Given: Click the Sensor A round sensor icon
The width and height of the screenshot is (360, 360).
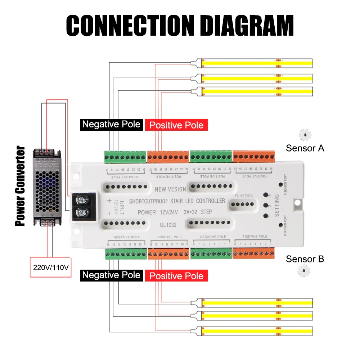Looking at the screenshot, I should pos(305,135).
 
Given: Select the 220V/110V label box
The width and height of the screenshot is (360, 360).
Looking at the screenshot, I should pos(50,267).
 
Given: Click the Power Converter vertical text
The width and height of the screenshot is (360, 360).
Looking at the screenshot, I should pos(21,186).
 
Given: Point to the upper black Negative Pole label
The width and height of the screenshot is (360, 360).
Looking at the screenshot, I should pos(111,124).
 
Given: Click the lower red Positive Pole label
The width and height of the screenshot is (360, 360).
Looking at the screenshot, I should pos(176,276).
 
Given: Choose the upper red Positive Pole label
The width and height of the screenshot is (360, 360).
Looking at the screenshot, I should pos(176,125).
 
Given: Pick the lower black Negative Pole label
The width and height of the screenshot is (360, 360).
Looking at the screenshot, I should pos(111,275).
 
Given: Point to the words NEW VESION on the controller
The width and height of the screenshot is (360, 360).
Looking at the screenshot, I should pos(170,189).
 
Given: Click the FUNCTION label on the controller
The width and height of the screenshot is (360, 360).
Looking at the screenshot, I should pos(244,195).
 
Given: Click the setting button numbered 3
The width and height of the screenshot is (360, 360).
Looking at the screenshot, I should pos(265,195).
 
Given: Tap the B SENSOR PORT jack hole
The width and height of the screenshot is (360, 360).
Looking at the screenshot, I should pos(281,225).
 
